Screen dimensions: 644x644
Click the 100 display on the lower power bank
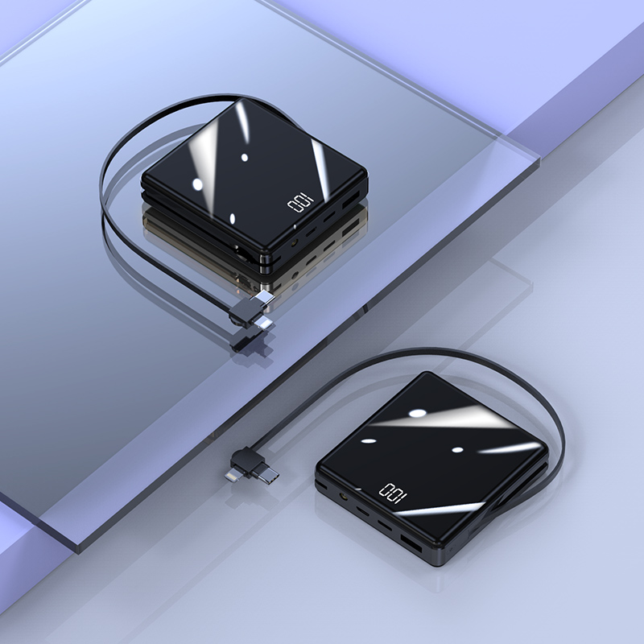point(393,492)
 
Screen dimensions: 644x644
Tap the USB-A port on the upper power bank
point(352,200)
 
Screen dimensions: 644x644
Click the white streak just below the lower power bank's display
point(451,510)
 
